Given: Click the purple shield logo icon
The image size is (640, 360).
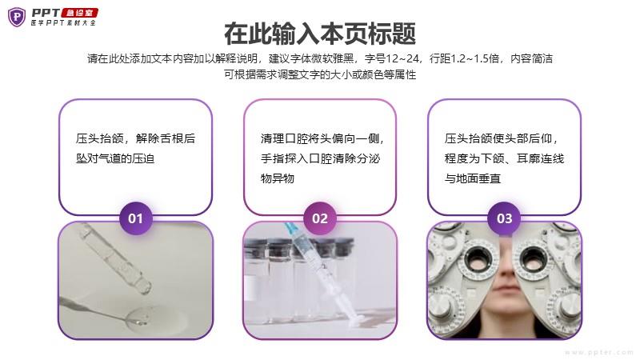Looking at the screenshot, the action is tap(17, 17).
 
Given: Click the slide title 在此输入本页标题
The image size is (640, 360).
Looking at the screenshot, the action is tap(320, 34).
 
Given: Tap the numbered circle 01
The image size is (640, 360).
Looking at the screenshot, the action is tap(135, 218).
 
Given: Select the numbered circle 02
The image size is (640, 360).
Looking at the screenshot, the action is tap(320, 218).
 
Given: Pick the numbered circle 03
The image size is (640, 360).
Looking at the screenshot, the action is tap(505, 218).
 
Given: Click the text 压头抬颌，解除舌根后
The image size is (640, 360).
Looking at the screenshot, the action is tap(135, 138).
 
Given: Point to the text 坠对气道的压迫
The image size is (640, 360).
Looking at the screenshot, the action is tap(115, 158).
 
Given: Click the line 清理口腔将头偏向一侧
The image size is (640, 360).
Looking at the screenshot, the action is tap(322, 138).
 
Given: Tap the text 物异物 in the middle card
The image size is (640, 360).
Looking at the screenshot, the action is tap(278, 178).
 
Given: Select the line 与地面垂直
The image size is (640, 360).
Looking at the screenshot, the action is tap(473, 178).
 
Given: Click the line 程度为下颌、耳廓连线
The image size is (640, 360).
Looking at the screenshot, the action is tap(505, 158).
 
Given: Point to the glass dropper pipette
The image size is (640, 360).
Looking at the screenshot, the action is tap(115, 258).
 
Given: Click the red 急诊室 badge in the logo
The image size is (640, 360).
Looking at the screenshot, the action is tap(79, 13).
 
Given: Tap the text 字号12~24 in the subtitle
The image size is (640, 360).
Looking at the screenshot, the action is tap(392, 58).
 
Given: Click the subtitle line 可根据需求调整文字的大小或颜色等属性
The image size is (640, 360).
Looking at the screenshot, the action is tap(320, 74).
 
